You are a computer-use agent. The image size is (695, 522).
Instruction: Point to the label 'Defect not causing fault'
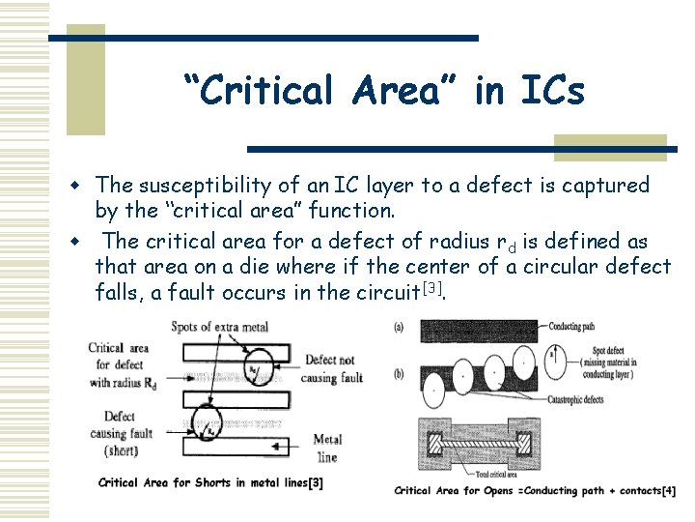click(x=334, y=369)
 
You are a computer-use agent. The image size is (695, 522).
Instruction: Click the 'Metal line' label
click(x=327, y=448)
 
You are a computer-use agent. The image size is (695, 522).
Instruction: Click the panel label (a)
click(x=400, y=326)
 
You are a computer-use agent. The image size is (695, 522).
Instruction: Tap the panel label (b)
click(x=400, y=373)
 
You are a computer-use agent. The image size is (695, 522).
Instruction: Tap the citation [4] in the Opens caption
click(x=668, y=491)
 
